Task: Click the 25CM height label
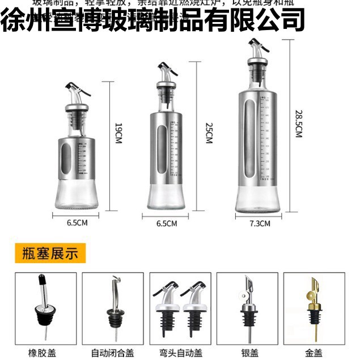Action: point(208,134)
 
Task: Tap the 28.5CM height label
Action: point(298,123)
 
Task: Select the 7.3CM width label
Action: point(260,223)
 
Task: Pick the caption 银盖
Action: point(247,351)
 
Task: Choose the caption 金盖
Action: point(314,351)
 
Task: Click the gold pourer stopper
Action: point(312,306)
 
